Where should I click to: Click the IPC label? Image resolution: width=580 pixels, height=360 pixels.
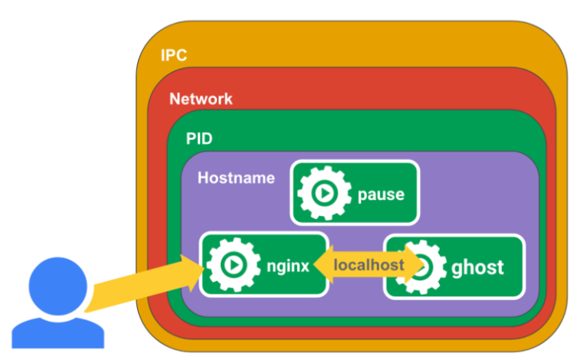pyautogui.click(x=174, y=56)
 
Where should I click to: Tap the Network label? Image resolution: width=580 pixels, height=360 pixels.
pyautogui.click(x=201, y=99)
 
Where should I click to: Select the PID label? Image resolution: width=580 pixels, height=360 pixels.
pyautogui.click(x=199, y=139)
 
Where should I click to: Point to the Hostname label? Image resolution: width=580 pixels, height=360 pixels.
pyautogui.click(x=236, y=178)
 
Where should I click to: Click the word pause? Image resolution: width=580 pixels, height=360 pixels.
pyautogui.click(x=381, y=194)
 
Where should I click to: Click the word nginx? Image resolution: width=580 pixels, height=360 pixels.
pyautogui.click(x=288, y=266)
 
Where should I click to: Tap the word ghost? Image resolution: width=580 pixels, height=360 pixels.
pyautogui.click(x=478, y=267)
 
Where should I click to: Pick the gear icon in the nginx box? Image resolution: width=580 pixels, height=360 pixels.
pyautogui.click(x=231, y=265)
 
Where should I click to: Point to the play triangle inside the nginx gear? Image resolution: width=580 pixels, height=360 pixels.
pyautogui.click(x=231, y=265)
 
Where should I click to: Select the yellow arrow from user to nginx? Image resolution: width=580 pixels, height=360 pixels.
pyautogui.click(x=138, y=286)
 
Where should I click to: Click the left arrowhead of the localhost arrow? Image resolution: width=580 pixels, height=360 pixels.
pyautogui.click(x=319, y=266)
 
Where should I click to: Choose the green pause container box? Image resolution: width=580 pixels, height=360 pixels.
pyautogui.click(x=354, y=175)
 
